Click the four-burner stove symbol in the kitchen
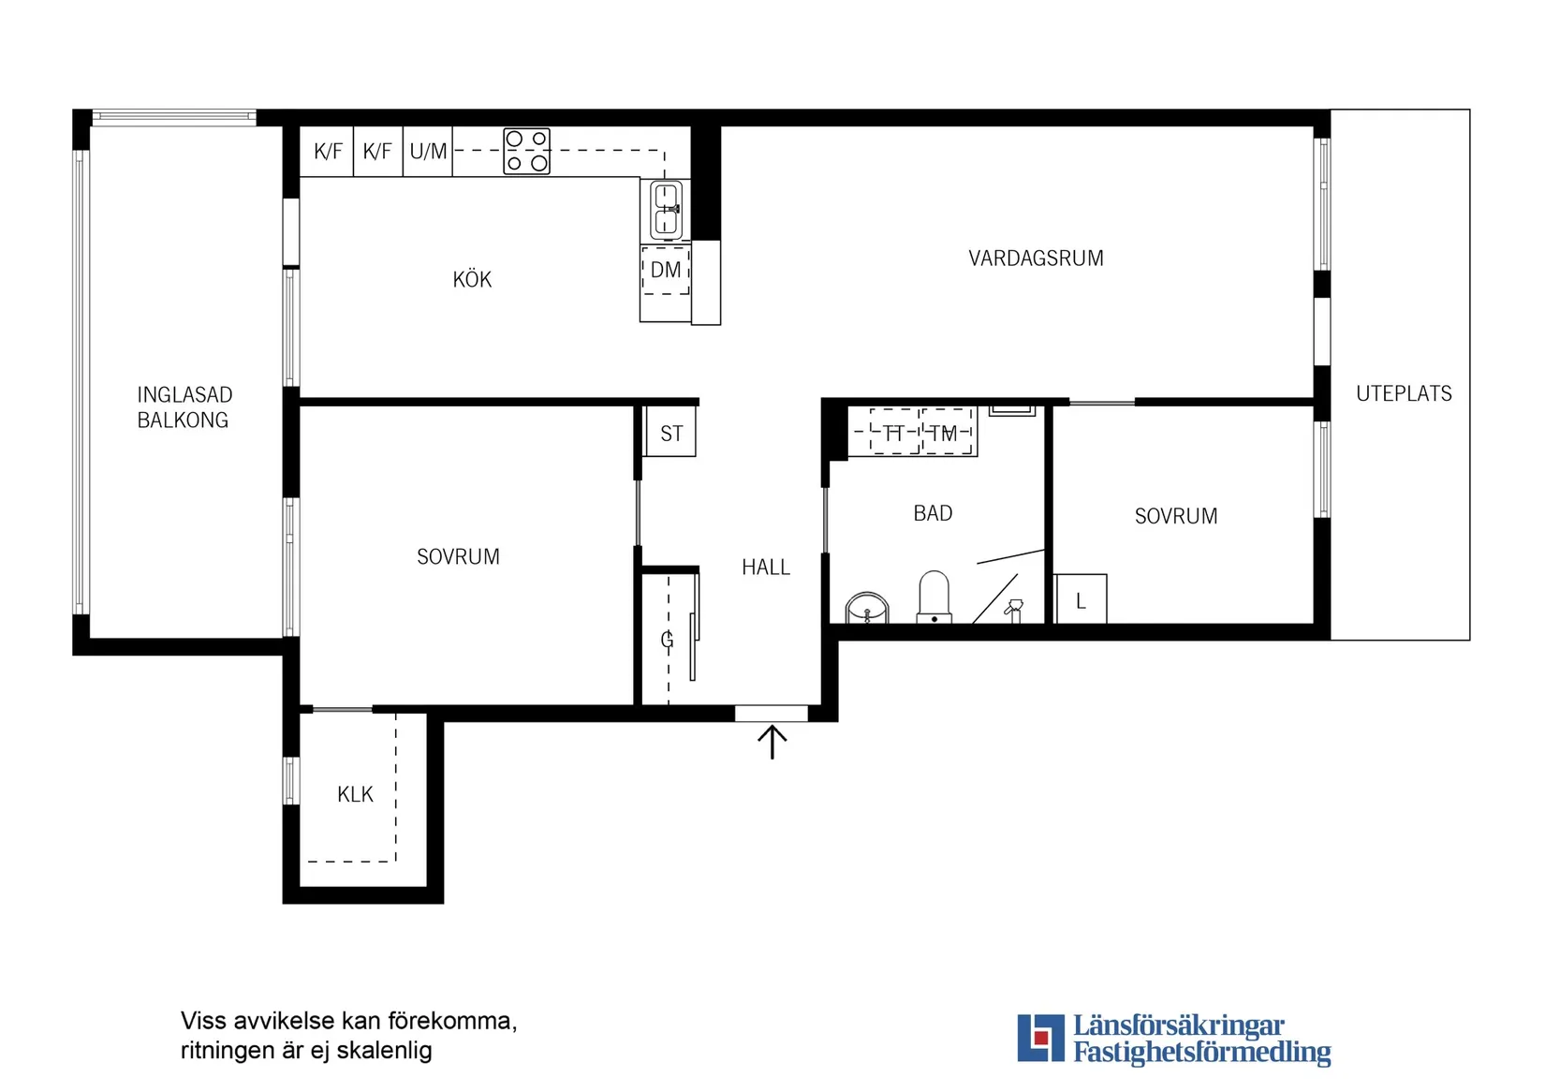(526, 151)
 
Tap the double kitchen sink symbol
(666, 209)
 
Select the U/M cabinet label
(428, 151)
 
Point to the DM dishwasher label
(666, 270)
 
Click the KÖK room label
(472, 279)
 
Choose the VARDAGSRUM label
(1036, 258)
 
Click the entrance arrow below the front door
(772, 742)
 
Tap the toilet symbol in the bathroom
(934, 597)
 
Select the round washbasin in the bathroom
(867, 608)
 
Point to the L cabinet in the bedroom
(1081, 598)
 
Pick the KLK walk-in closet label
(355, 794)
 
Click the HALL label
(766, 567)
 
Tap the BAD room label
(933, 513)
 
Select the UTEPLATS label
(1404, 393)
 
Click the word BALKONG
(183, 421)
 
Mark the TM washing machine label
(943, 434)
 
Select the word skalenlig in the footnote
(384, 1051)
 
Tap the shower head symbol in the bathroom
(1013, 609)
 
